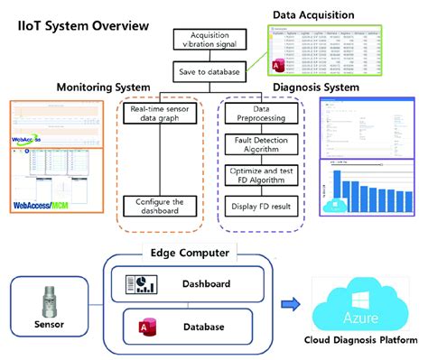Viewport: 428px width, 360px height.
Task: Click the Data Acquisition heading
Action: coord(322,14)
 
